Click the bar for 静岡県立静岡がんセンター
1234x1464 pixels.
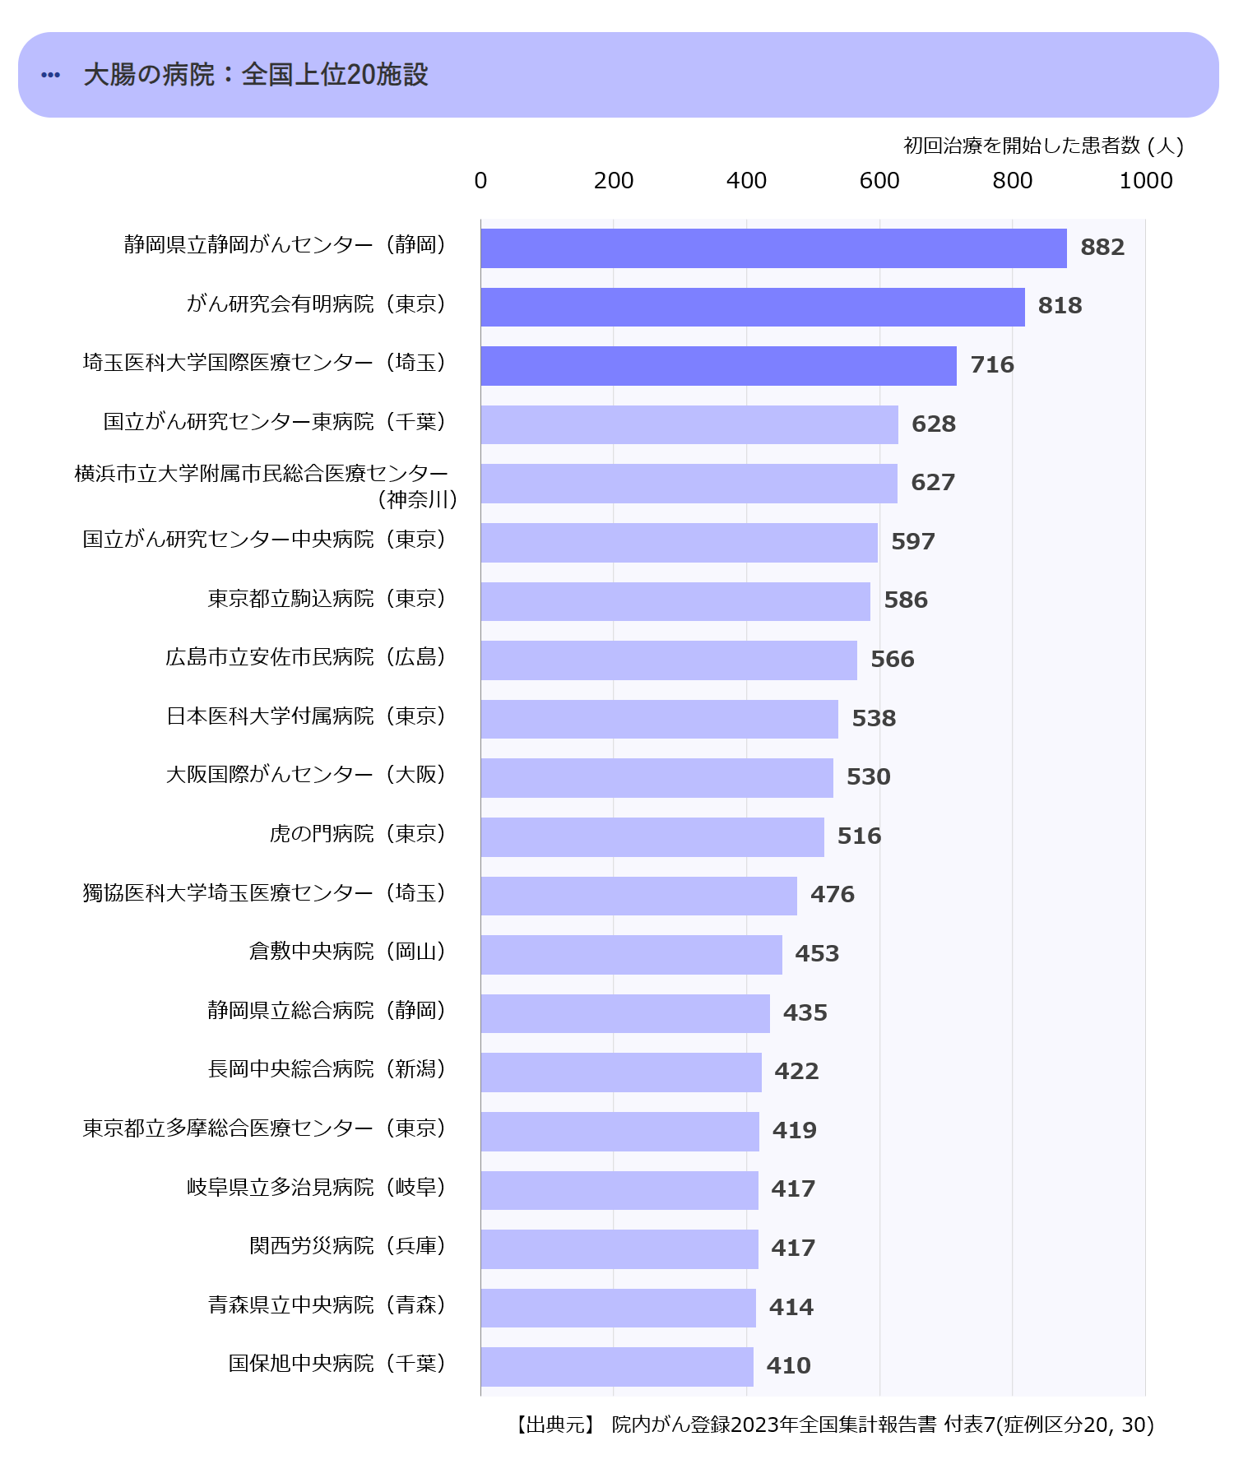[x=773, y=248]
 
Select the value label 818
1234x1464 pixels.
[x=1060, y=306]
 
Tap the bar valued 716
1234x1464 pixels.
[x=718, y=366]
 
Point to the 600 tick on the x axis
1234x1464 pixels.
[x=879, y=181]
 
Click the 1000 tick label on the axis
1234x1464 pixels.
[x=1145, y=181]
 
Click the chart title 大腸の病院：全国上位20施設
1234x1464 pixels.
[x=256, y=75]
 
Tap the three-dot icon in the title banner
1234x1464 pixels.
[x=50, y=75]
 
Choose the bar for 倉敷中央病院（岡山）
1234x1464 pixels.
[x=631, y=955]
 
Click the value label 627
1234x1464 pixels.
[x=933, y=483]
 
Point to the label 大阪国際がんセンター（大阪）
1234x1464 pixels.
[x=306, y=775]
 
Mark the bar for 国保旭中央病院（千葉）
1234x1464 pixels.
[x=617, y=1367]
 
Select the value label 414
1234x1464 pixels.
[x=791, y=1307]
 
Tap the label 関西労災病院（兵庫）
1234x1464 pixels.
[x=348, y=1246]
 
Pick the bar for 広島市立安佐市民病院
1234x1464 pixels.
[x=669, y=660]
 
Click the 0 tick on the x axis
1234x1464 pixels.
[x=480, y=181]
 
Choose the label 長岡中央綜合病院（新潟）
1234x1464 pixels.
[x=327, y=1069]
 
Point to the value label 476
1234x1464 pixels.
[x=832, y=895]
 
